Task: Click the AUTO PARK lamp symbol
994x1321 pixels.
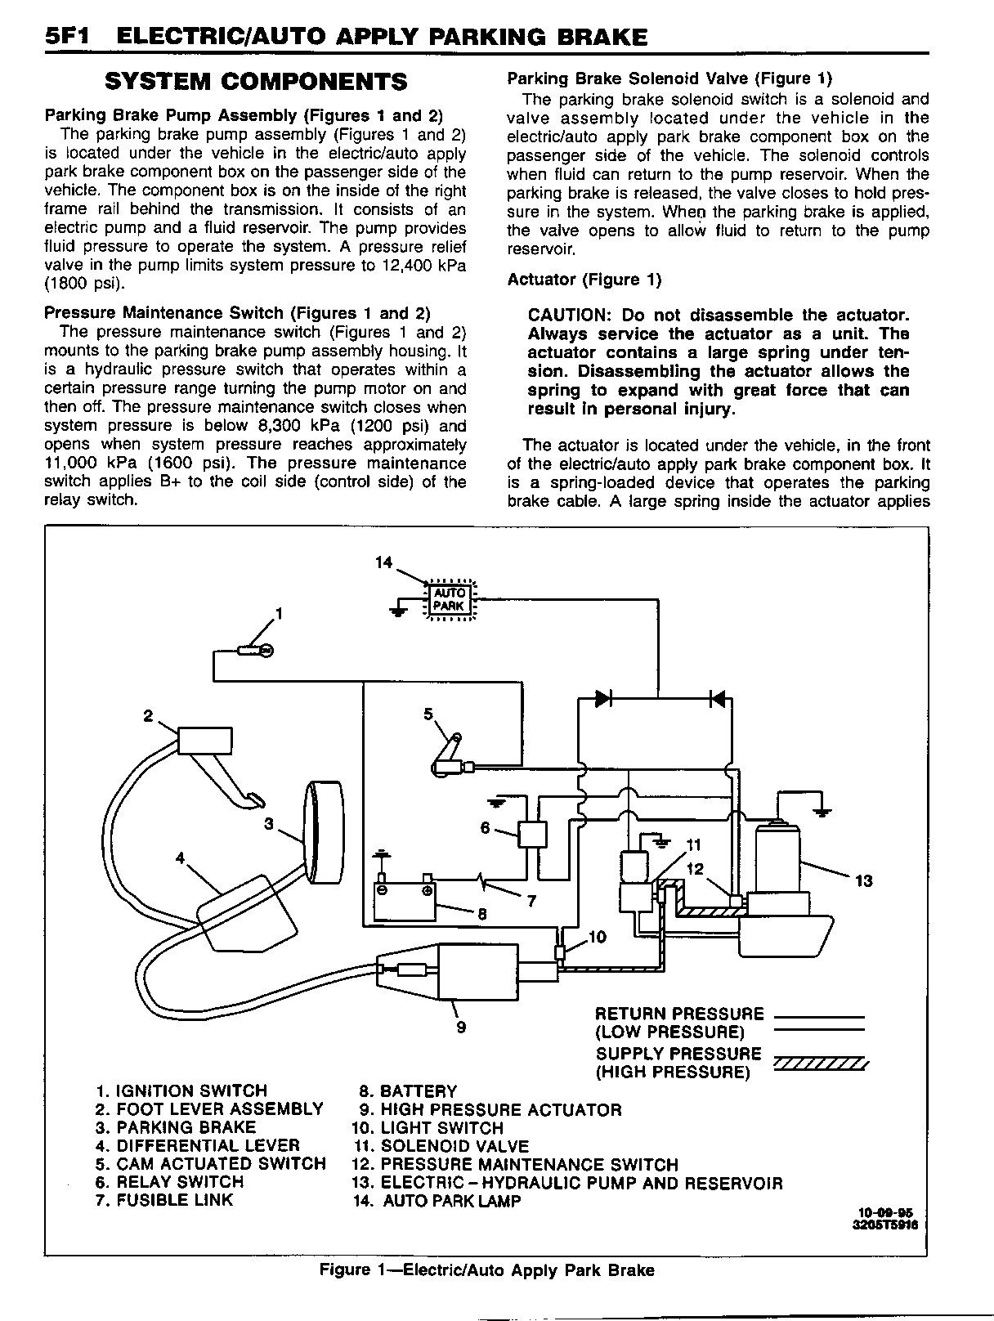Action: pyautogui.click(x=449, y=599)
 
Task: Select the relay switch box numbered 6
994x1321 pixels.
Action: pyautogui.click(x=533, y=834)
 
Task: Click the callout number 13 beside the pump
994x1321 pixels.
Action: pyautogui.click(x=863, y=880)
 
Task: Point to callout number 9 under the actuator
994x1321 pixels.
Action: pyautogui.click(x=461, y=1027)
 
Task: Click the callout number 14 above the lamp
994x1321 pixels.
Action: pyautogui.click(x=384, y=562)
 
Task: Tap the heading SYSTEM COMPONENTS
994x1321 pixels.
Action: pyautogui.click(x=257, y=82)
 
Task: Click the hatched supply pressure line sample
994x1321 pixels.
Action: pyautogui.click(x=818, y=1064)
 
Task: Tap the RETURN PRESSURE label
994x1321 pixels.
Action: pyautogui.click(x=679, y=1014)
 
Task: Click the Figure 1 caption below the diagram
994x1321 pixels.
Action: pyautogui.click(x=486, y=1270)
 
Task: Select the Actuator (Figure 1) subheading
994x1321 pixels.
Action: pyautogui.click(x=584, y=280)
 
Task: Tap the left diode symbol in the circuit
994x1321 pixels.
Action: pyautogui.click(x=603, y=698)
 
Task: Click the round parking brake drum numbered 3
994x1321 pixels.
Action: pyautogui.click(x=325, y=831)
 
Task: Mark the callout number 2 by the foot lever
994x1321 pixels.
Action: pyautogui.click(x=148, y=716)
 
